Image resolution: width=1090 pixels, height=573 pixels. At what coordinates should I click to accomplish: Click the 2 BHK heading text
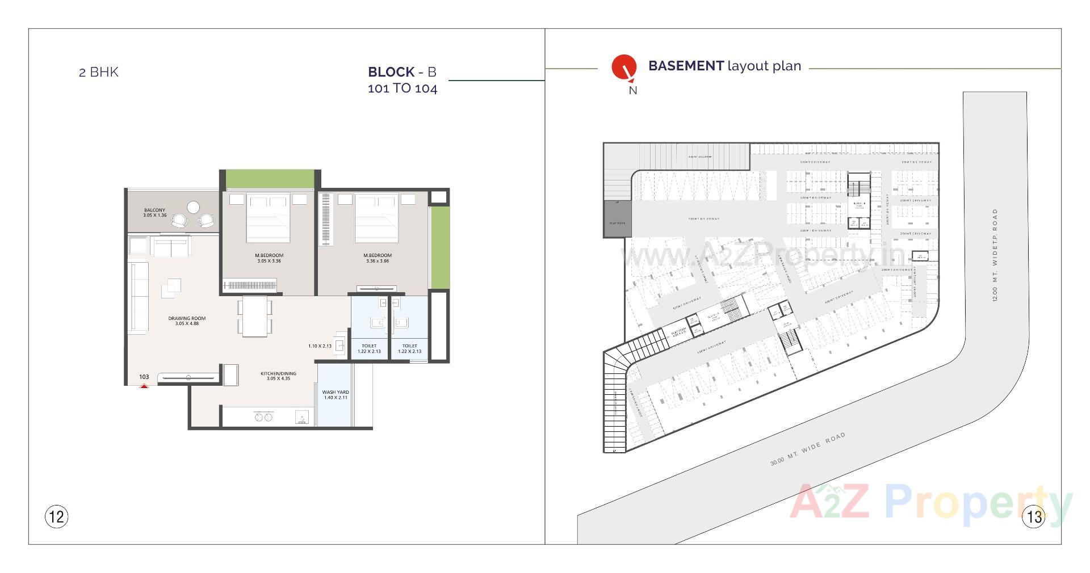99,72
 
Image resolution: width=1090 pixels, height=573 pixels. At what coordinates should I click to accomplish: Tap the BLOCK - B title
402,72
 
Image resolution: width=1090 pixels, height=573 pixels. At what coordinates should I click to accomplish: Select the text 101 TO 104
403,89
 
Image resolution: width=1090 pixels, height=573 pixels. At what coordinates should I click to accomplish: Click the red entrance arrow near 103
144,386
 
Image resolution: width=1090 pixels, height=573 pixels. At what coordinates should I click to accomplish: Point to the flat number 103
144,377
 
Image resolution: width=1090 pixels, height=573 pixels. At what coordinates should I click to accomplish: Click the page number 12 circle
56,516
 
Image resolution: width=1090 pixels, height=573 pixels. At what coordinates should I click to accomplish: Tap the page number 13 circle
1033,516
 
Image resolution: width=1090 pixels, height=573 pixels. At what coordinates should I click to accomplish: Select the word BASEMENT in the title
686,66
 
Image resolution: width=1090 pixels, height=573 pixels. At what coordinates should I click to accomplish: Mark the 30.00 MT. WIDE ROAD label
807,449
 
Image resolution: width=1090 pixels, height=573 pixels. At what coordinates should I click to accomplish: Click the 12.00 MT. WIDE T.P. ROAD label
995,255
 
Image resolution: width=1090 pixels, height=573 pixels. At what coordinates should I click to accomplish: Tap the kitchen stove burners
263,418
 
